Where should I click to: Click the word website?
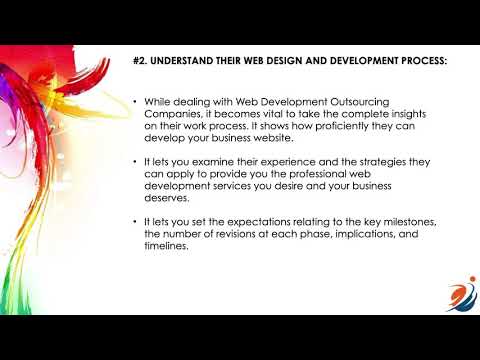[265, 142]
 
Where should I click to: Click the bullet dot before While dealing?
[134, 103]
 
